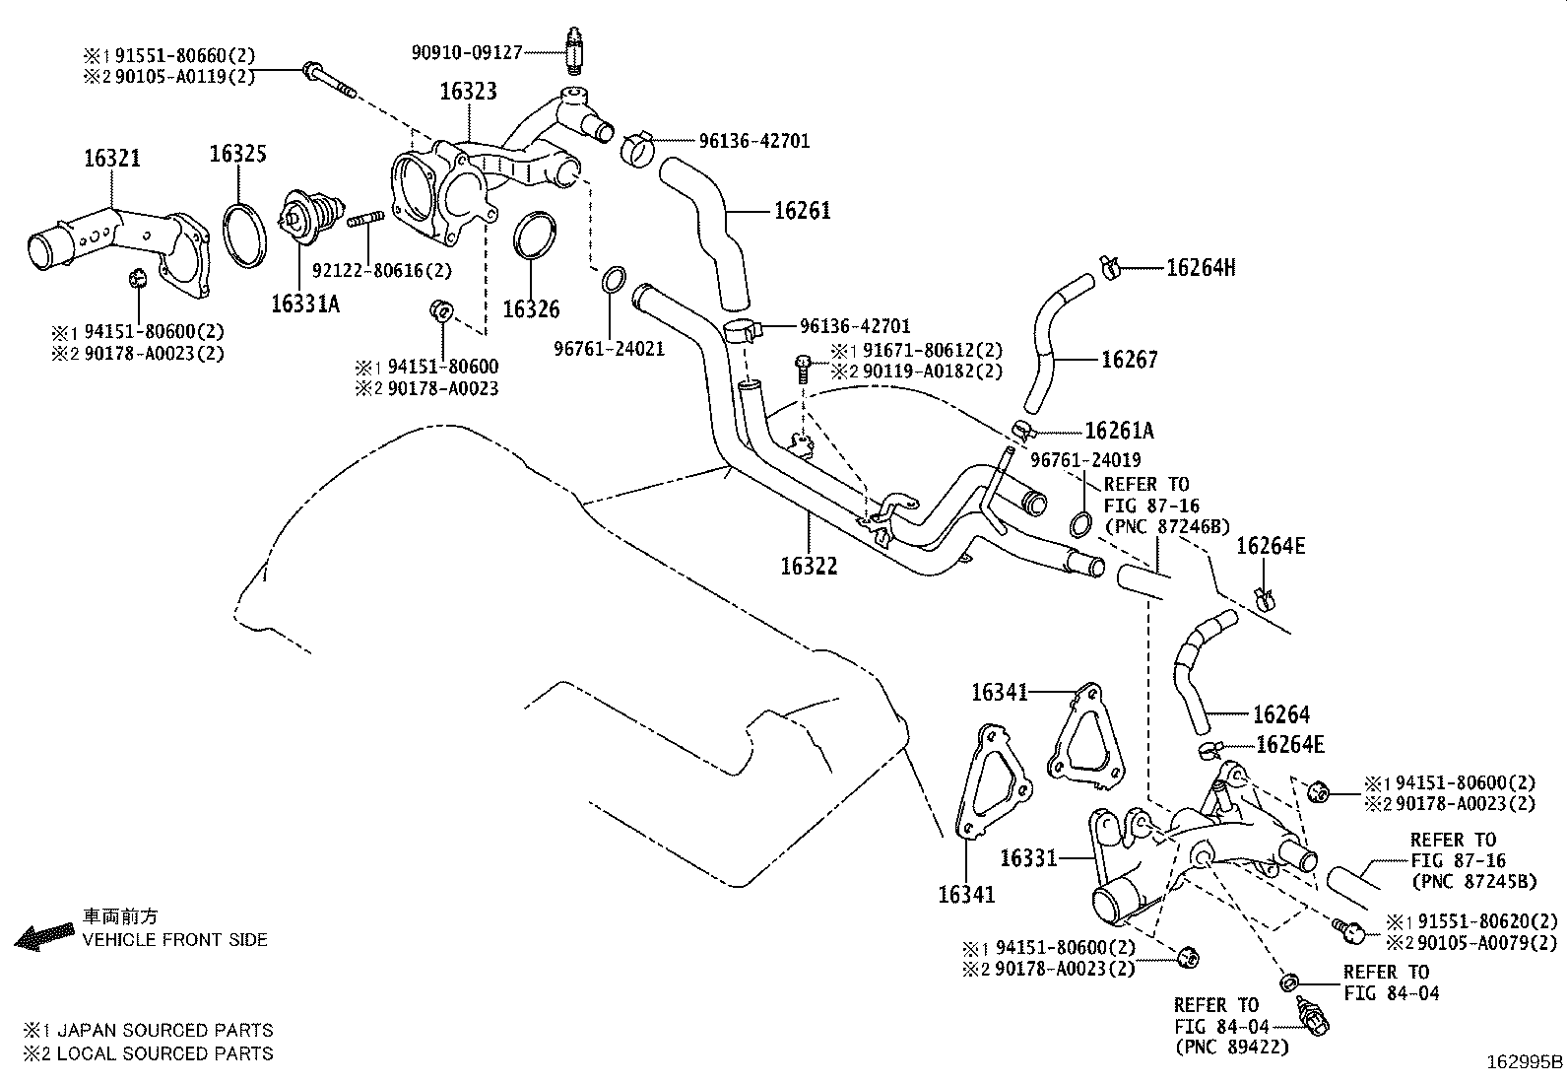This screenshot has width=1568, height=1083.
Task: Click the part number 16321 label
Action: coord(111,159)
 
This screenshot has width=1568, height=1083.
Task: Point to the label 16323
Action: coord(468,92)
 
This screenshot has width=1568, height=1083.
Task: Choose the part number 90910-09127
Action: coord(466,53)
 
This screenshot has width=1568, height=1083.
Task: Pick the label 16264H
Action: coord(1200,267)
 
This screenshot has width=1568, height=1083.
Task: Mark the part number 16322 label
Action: coord(809,566)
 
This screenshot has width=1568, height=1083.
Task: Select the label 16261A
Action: coord(1119,431)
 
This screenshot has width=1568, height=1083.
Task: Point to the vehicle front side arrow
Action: coord(43,936)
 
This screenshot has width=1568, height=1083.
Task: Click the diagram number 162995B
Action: coord(1525,1062)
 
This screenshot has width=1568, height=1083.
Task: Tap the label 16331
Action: coord(1028,858)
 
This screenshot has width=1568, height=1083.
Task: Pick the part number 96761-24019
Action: coord(1085,459)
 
